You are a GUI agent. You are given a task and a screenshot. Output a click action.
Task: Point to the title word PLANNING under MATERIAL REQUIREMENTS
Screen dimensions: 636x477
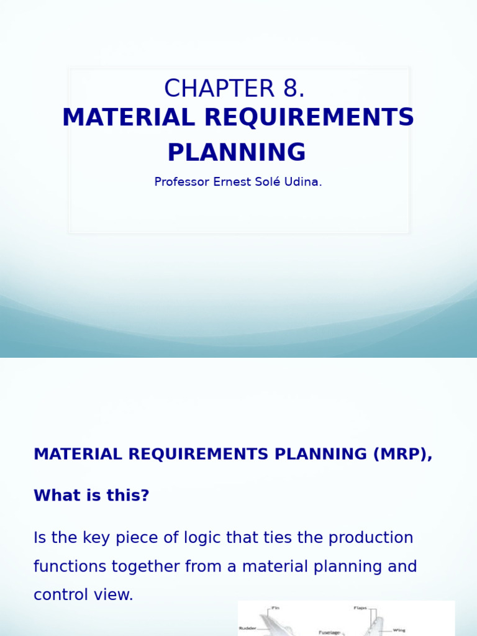click(237, 153)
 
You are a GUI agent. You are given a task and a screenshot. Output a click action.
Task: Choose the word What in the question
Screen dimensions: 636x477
click(54, 496)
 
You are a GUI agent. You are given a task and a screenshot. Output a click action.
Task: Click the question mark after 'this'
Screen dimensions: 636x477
click(145, 496)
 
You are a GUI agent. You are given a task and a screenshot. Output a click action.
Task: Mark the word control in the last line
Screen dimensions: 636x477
click(62, 595)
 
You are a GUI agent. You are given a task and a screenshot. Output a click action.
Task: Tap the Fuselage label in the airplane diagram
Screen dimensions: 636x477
click(329, 632)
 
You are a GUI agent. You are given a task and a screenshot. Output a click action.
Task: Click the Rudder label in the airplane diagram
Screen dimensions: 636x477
click(248, 628)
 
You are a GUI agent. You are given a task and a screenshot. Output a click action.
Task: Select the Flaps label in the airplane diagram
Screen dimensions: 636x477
click(360, 608)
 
